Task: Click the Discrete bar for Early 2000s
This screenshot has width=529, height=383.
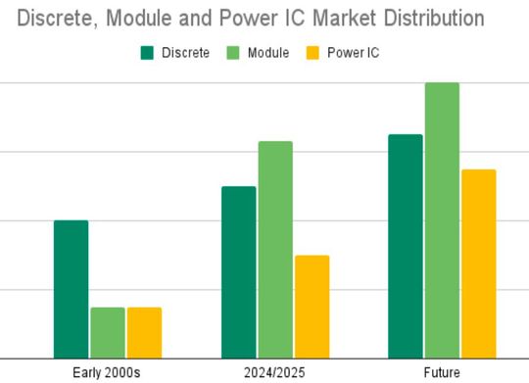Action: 71,289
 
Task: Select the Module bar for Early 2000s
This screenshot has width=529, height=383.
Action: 108,333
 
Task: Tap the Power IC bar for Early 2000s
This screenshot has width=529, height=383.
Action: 144,333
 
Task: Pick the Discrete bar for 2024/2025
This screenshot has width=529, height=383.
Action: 238,272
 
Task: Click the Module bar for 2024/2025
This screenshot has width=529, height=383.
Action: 275,250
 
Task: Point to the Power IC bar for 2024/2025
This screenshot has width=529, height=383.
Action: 312,307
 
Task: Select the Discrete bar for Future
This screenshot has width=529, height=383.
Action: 406,246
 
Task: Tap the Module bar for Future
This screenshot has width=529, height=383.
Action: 442,220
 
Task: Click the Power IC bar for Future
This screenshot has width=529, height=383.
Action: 479,263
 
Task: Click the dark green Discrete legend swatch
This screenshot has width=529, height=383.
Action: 146,53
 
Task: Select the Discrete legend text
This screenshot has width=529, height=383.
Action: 185,53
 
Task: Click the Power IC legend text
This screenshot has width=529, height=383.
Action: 355,53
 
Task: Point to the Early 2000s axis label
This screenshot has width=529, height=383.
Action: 108,372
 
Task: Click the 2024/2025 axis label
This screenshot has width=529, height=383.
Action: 274,372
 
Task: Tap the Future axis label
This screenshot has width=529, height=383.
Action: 442,372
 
